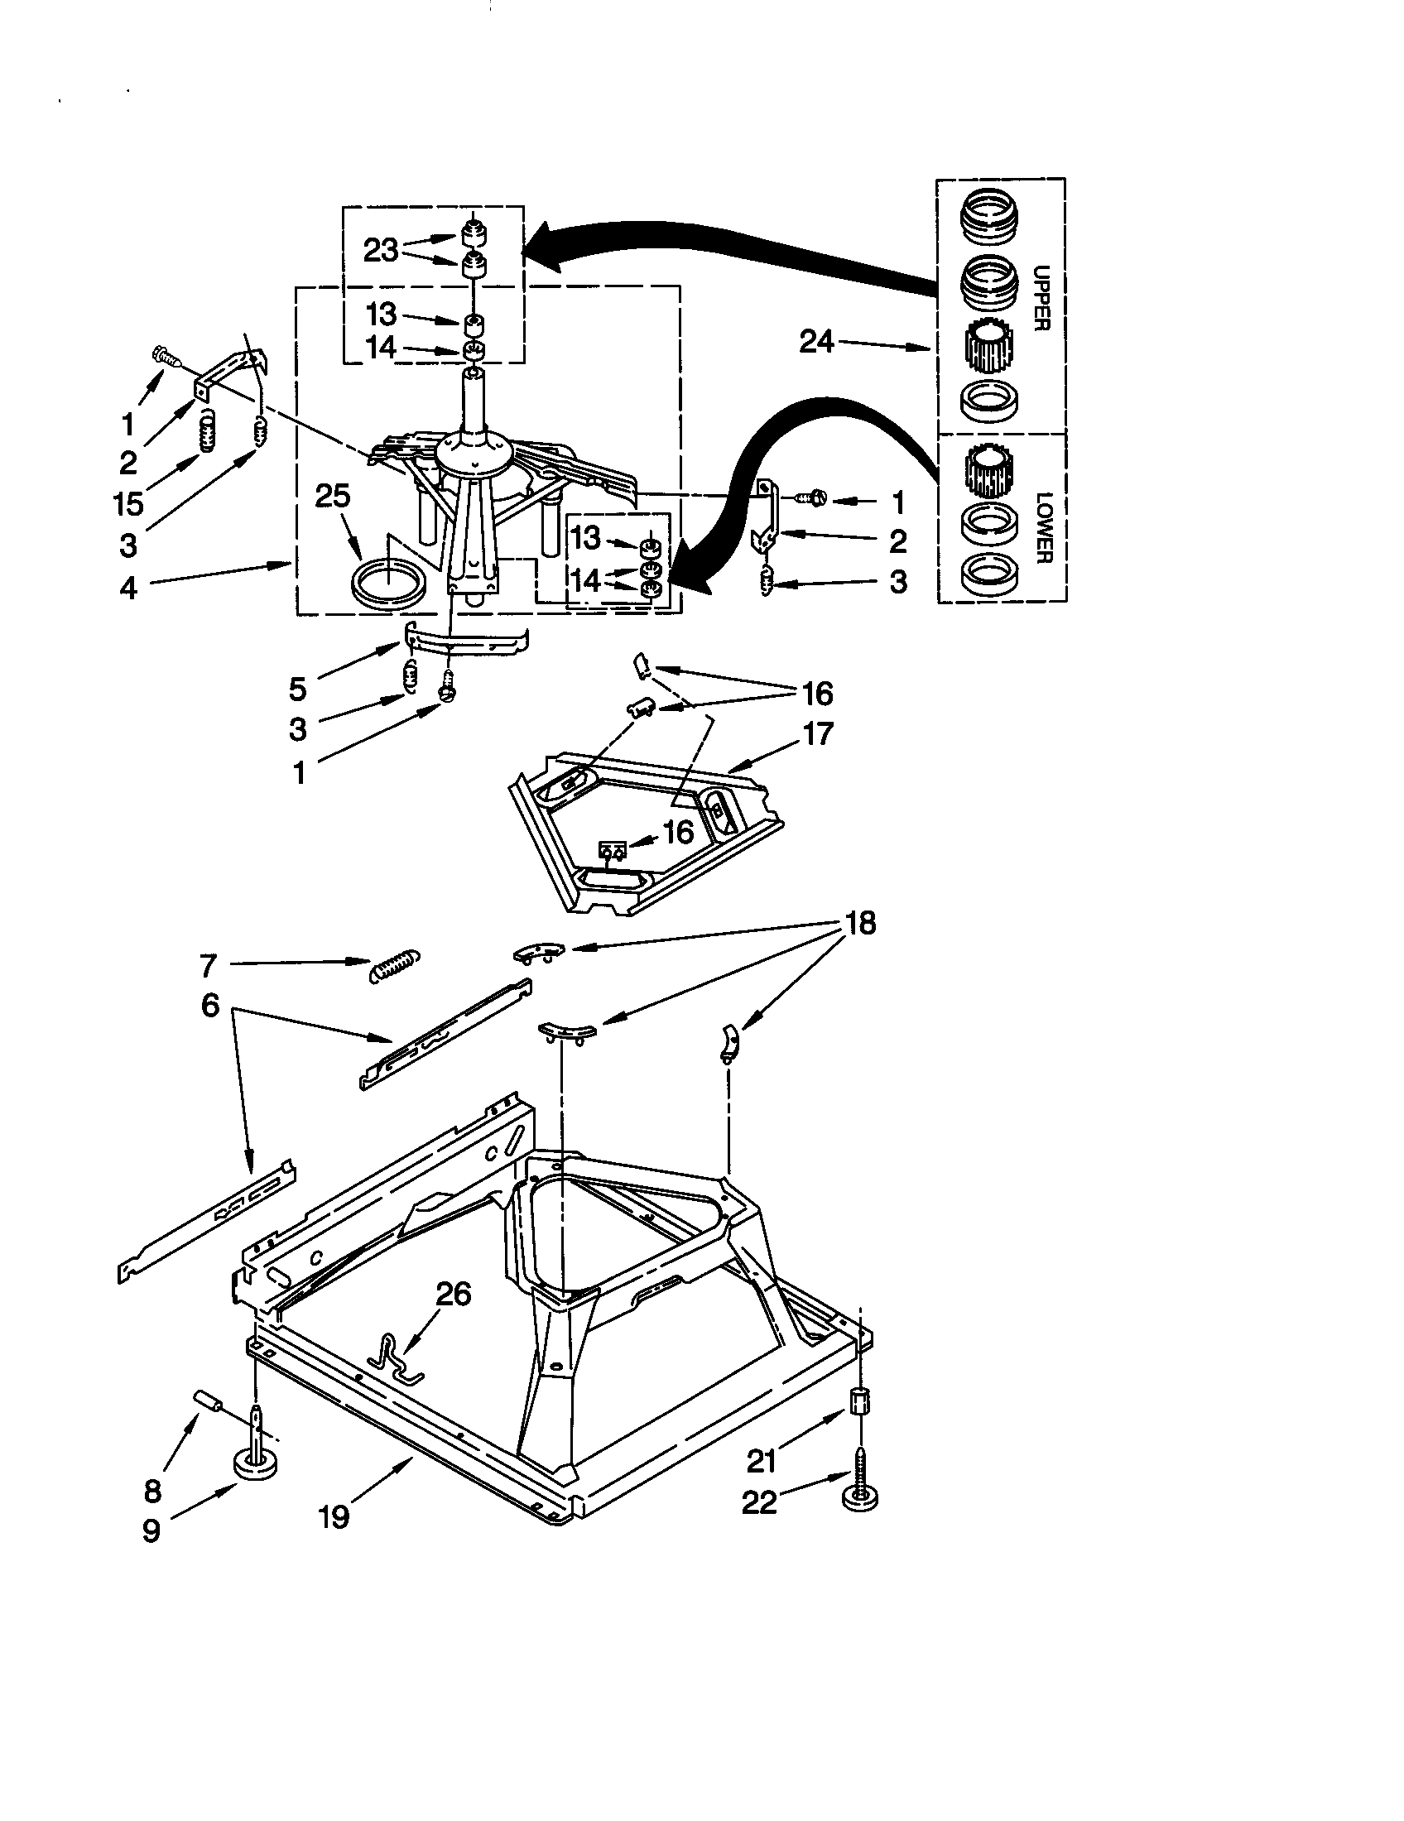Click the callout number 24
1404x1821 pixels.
click(x=816, y=341)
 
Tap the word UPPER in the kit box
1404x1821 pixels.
click(x=1041, y=298)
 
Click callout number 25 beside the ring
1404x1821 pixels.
click(x=333, y=497)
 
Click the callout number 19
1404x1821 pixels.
click(x=334, y=1516)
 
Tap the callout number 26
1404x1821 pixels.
click(x=453, y=1293)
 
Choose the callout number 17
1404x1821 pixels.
click(x=818, y=733)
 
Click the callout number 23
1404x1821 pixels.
click(x=381, y=250)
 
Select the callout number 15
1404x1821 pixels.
click(x=129, y=502)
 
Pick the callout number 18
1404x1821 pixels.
click(x=860, y=923)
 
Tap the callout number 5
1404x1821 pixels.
click(x=298, y=689)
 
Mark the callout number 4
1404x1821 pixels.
click(x=127, y=588)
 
